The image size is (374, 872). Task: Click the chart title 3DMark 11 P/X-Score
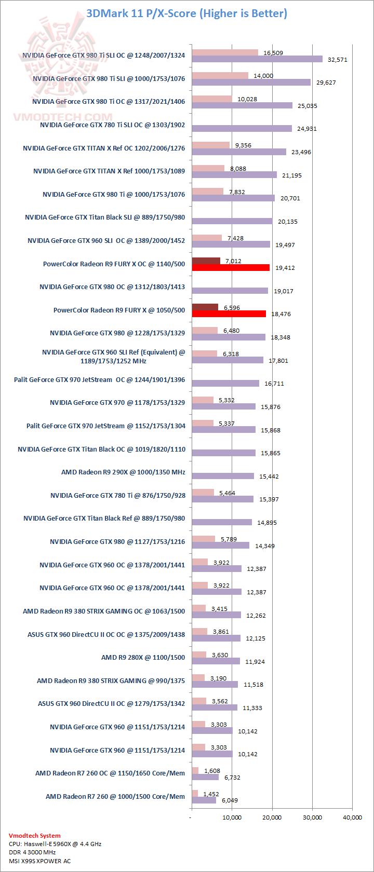point(186,13)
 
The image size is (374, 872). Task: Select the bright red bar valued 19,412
point(231,268)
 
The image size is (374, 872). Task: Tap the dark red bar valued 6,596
point(205,307)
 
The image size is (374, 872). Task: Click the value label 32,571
point(337,60)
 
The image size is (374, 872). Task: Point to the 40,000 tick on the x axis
point(352,818)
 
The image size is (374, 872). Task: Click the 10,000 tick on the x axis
point(232,818)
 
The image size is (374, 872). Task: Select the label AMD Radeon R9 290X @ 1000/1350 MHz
point(123,472)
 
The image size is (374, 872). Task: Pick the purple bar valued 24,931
point(242,129)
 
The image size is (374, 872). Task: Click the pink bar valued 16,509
point(224,52)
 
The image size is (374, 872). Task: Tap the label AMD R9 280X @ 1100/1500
point(143,658)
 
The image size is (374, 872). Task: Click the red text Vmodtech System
point(35,836)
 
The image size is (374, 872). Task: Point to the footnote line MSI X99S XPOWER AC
point(40,861)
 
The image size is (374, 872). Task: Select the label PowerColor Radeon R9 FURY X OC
point(114,264)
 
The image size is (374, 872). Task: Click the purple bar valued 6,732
point(205,777)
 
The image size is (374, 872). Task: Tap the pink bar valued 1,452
point(195,794)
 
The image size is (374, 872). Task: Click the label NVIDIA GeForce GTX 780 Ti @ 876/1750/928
point(117,496)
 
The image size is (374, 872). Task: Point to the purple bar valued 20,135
point(232,221)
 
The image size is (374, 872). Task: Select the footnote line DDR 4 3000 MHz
point(32,852)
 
